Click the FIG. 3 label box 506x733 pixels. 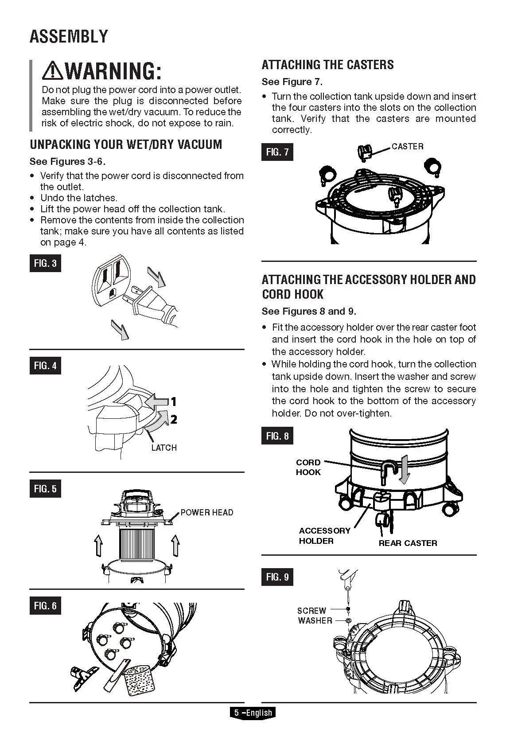45,263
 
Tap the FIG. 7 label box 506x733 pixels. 277,152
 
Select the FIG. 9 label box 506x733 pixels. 277,577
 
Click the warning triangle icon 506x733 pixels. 53,70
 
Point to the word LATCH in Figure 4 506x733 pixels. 163,448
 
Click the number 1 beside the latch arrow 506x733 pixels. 174,402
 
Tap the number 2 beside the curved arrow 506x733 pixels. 174,419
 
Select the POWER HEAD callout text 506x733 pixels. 207,512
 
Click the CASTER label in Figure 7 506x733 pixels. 407,146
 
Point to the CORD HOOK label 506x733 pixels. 308,467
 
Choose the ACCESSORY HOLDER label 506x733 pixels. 324,535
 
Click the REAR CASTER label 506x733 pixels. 408,543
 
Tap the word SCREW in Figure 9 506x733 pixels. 311,611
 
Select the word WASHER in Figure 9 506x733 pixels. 315,620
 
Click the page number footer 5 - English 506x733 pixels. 253,713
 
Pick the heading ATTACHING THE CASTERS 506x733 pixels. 327,65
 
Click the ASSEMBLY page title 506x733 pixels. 69,36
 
